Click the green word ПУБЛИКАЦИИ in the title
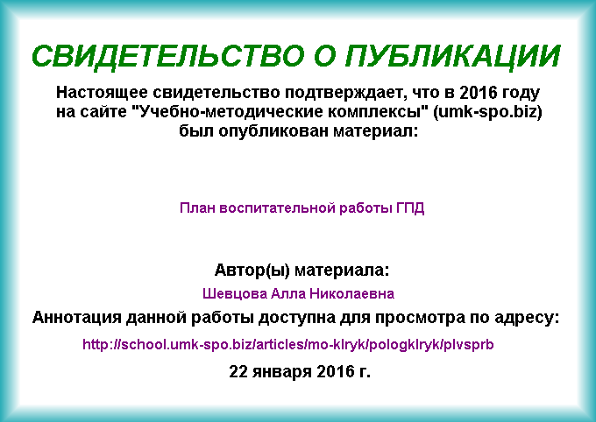[453, 56]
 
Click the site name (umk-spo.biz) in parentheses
[487, 112]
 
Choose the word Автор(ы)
[252, 271]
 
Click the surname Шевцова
[235, 294]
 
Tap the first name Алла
[287, 293]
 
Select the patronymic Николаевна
[352, 293]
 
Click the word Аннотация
[77, 317]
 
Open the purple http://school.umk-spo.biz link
[288, 344]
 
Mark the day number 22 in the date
[238, 371]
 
